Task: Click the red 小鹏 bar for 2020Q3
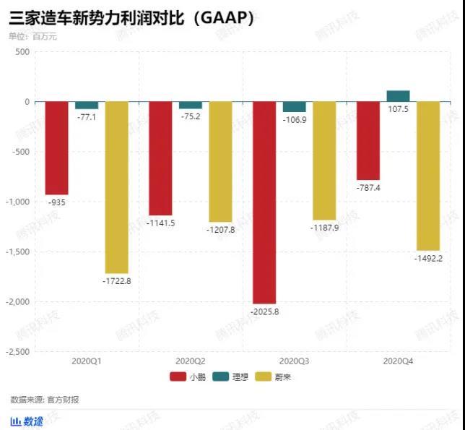(x=264, y=202)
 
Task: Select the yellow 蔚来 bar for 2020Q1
(x=117, y=187)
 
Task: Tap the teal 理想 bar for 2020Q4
(x=399, y=96)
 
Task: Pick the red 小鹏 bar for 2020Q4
(x=368, y=141)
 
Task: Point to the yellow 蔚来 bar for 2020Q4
(x=429, y=176)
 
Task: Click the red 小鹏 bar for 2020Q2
(x=160, y=158)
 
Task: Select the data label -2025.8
(x=265, y=311)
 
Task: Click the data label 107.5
(x=399, y=109)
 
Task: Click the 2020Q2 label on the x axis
(x=191, y=360)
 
